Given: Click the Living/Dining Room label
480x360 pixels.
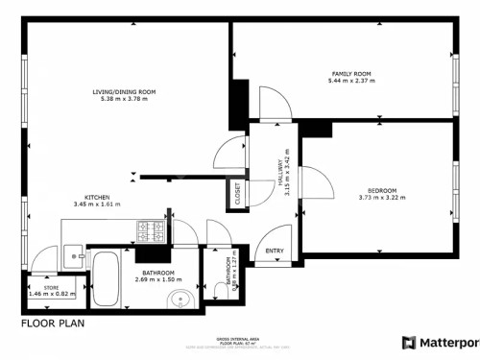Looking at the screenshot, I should [x=124, y=92].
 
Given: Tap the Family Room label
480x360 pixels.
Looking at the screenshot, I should [x=351, y=74].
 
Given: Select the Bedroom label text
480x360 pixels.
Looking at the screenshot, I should [x=382, y=190].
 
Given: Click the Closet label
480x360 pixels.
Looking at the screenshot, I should [x=236, y=194].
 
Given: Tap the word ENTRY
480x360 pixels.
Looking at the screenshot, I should [x=275, y=252].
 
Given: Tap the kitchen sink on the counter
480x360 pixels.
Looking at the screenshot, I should [x=75, y=256].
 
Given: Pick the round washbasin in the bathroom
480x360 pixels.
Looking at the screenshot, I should [x=180, y=302].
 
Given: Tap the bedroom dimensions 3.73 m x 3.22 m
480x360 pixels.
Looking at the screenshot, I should [x=382, y=198].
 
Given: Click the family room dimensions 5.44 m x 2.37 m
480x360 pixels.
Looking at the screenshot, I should [x=351, y=82].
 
